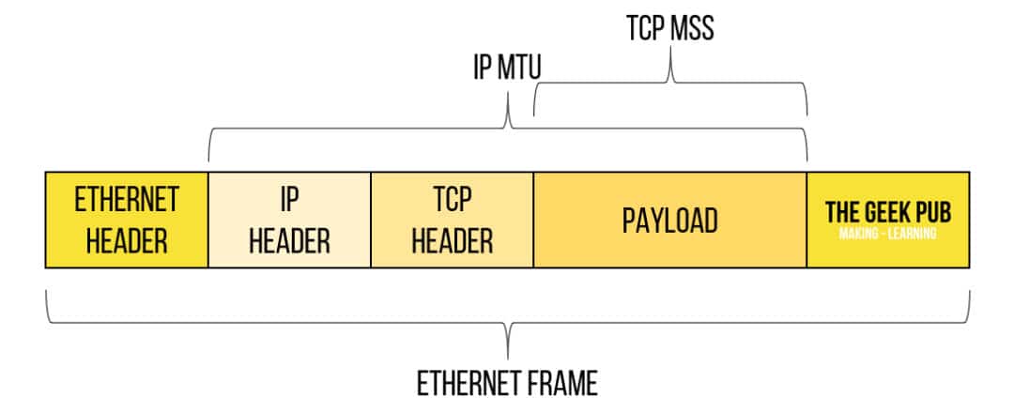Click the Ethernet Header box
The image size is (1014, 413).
point(127,220)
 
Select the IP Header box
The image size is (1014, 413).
point(290,220)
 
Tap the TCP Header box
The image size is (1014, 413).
point(453,220)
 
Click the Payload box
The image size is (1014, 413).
point(670,220)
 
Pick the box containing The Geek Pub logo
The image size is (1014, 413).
point(887,220)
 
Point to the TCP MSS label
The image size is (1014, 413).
point(670,27)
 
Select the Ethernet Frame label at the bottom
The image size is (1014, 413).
point(507,383)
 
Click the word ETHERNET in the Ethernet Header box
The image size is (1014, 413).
point(127,200)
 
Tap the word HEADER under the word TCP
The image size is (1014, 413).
point(453,240)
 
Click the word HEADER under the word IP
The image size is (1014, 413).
point(290,240)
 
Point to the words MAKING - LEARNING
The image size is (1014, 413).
point(887,234)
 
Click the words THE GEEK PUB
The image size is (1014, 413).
point(887,211)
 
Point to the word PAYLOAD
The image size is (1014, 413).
point(670,221)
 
